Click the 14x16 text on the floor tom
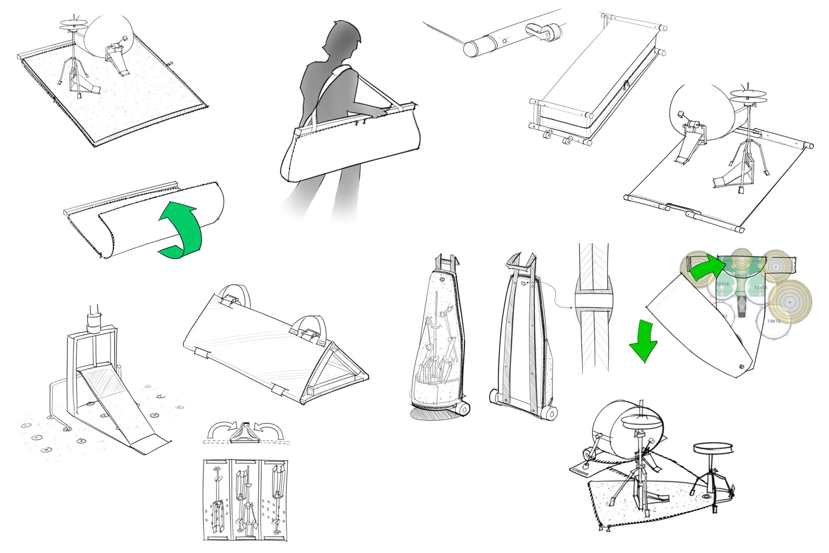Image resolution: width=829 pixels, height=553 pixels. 773,321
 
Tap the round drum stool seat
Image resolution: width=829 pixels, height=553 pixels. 713,449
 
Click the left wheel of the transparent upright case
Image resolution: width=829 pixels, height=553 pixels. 464,409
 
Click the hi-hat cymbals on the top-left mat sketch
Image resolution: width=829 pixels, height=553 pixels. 73,24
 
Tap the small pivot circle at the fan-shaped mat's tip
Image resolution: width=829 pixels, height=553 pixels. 741,367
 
